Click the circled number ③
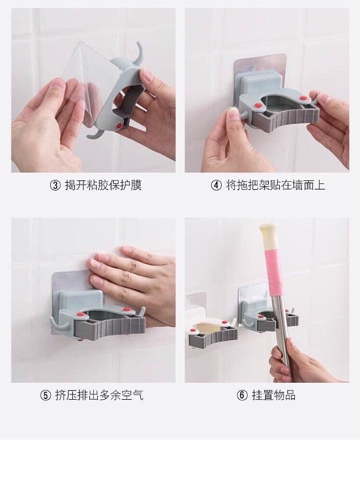pyautogui.click(x=55, y=185)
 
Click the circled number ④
pyautogui.click(x=216, y=185)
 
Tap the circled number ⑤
pyautogui.click(x=45, y=396)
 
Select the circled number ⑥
pyautogui.click(x=242, y=396)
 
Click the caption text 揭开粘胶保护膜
pyautogui.click(x=103, y=185)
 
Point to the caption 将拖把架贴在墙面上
pyautogui.click(x=275, y=185)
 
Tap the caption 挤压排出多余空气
pyautogui.click(x=99, y=395)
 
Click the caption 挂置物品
pyautogui.click(x=273, y=395)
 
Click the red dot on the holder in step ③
pyautogui.click(x=119, y=126)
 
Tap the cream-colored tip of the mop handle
pyautogui.click(x=268, y=232)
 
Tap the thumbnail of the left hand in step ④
pyautogui.click(x=231, y=111)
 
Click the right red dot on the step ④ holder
pyautogui.click(x=303, y=99)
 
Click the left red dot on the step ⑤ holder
pyautogui.click(x=80, y=314)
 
